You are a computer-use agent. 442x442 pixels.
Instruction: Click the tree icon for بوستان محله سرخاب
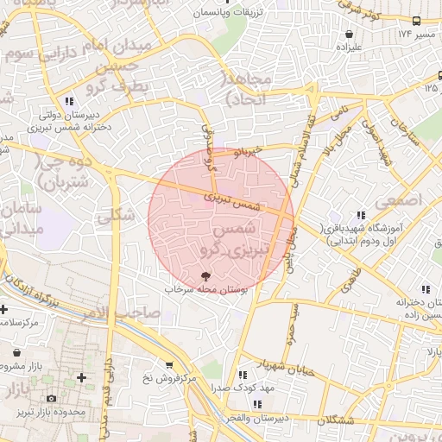(x=205, y=276)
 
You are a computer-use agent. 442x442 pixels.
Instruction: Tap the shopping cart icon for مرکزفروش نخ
(x=168, y=365)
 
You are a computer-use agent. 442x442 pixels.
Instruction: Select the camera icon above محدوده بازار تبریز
(x=52, y=398)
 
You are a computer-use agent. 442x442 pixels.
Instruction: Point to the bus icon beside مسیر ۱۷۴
(x=417, y=21)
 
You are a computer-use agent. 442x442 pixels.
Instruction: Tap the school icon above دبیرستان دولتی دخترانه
(x=68, y=100)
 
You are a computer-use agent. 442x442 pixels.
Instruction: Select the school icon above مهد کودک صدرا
(x=243, y=375)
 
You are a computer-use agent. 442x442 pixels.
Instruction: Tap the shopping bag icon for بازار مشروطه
(x=18, y=353)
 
